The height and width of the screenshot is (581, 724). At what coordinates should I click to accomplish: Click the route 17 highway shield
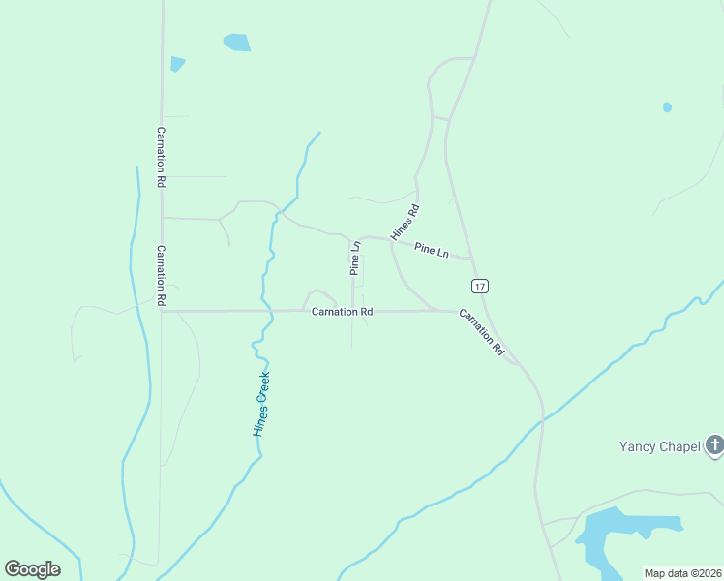point(480,286)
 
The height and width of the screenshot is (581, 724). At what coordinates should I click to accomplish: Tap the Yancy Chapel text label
point(660,446)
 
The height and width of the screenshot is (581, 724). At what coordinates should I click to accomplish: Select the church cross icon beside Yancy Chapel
point(714,445)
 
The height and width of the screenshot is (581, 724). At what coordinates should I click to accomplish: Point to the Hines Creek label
point(261,404)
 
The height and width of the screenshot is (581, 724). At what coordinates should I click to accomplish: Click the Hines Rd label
point(405,223)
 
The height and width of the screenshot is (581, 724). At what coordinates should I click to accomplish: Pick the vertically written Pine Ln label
point(355,259)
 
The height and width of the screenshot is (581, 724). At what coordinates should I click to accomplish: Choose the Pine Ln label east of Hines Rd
point(432,251)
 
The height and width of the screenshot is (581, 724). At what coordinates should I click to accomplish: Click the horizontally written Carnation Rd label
point(342,312)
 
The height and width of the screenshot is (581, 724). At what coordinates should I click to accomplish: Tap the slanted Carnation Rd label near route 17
point(482,333)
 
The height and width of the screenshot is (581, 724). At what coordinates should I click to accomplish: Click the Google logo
point(32,569)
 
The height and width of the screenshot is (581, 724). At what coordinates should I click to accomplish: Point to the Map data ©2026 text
point(682,573)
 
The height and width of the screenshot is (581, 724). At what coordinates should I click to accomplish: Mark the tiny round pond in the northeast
point(667,107)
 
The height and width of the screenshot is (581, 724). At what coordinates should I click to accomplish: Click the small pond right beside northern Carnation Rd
point(176,64)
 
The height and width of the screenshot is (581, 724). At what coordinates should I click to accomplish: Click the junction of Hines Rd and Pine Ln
point(391,239)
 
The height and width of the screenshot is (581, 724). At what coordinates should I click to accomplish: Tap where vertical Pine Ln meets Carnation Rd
point(352,311)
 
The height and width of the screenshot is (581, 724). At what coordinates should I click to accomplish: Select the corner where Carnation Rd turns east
point(162,311)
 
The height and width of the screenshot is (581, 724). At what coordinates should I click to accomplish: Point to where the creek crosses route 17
point(543,417)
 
